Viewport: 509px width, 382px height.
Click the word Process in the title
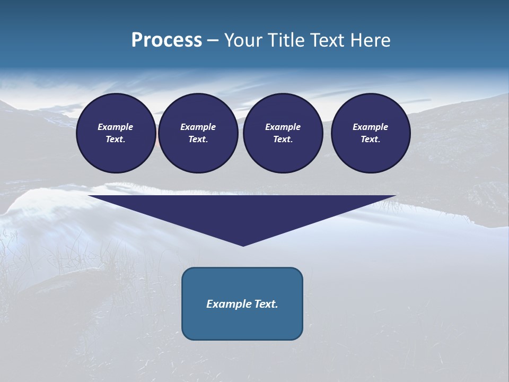(x=166, y=40)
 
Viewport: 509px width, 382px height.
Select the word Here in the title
(x=369, y=40)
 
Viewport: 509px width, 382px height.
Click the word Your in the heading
(x=245, y=40)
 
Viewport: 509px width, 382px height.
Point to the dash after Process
(x=213, y=41)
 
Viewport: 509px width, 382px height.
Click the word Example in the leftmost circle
(x=116, y=127)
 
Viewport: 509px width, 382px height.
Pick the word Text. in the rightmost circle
(x=371, y=139)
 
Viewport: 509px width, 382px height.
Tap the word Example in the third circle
(x=283, y=127)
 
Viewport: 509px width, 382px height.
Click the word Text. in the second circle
(x=198, y=139)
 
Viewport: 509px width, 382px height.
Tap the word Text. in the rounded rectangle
(x=266, y=304)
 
